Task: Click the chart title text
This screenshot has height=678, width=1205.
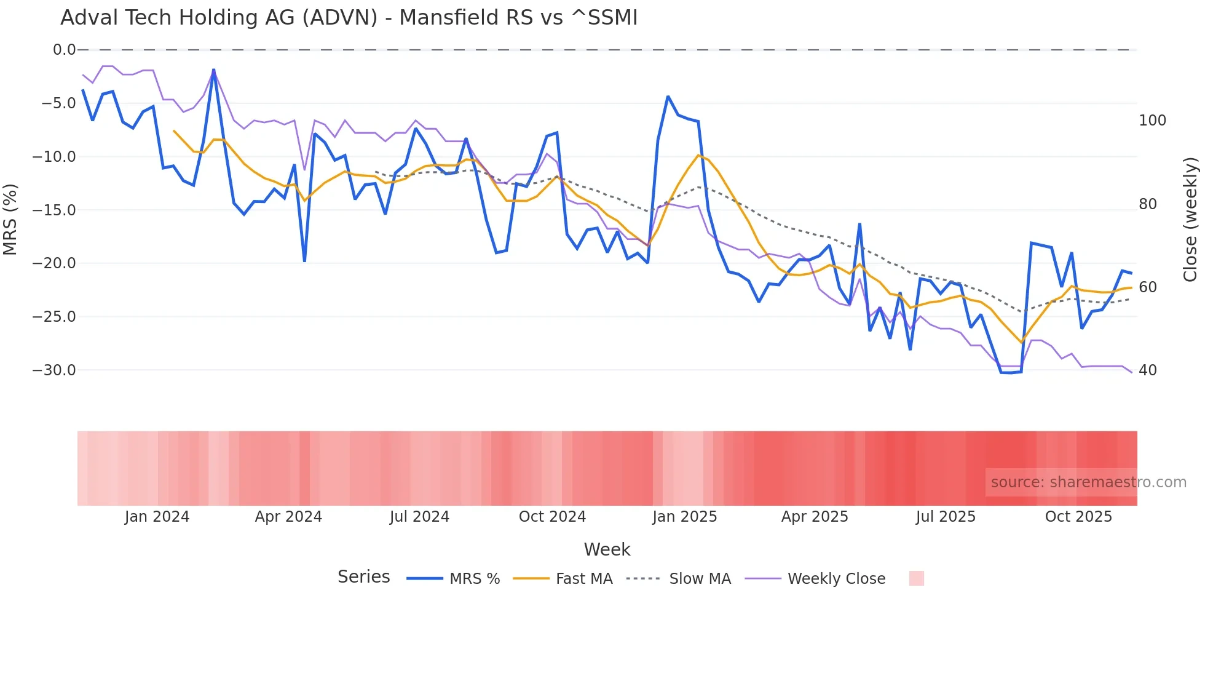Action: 349,18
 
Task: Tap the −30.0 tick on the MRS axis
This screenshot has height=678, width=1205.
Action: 54,370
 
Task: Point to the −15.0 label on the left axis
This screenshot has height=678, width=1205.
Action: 54,210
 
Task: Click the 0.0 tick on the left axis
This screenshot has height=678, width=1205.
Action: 64,50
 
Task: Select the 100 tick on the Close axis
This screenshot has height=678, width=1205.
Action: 1152,121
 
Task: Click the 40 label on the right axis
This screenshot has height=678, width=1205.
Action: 1147,370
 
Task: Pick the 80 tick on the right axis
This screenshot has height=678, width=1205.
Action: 1147,204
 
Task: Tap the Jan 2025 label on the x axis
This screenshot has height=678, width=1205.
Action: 684,517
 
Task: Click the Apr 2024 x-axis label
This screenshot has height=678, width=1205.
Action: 288,517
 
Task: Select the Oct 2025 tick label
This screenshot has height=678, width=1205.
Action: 1078,517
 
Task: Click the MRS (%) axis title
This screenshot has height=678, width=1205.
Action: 10,220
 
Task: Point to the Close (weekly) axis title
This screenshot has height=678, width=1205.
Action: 1190,220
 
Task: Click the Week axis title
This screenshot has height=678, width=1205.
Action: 607,549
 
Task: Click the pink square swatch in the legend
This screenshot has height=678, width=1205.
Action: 916,578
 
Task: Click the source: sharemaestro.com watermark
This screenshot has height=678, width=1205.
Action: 1088,482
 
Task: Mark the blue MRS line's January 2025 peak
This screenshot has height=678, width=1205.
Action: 668,97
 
